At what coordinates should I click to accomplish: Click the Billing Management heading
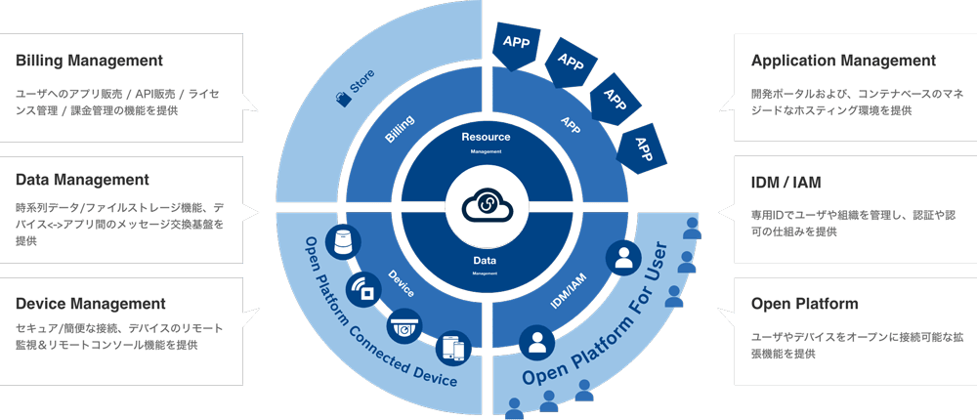pyautogui.click(x=88, y=61)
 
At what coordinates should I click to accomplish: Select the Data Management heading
pyautogui.click(x=82, y=180)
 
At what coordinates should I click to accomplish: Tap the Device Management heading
pyautogui.click(x=90, y=304)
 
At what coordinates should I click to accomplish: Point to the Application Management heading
pyautogui.click(x=843, y=61)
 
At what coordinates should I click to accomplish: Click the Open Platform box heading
pyautogui.click(x=805, y=304)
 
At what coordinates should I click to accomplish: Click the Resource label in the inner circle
pyautogui.click(x=486, y=137)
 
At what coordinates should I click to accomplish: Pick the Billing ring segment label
pyautogui.click(x=400, y=129)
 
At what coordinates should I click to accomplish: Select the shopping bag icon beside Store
pyautogui.click(x=342, y=98)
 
